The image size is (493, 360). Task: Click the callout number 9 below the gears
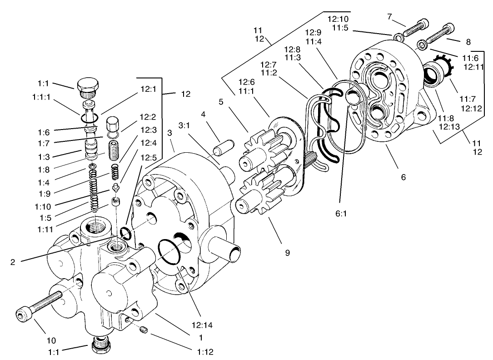[x=287, y=253]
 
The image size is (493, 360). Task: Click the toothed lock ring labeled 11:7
[x=443, y=66]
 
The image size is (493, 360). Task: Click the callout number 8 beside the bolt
[x=468, y=41]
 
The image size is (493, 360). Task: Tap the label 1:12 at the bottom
[x=205, y=351]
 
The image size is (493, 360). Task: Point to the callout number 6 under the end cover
[x=403, y=177]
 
